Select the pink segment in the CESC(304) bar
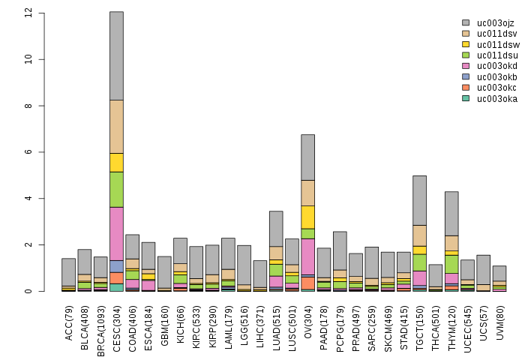coord(116,233)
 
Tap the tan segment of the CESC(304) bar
coord(116,126)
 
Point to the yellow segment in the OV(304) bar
coord(307,217)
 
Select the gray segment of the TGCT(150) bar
coord(419,200)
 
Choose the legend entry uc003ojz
coord(492,23)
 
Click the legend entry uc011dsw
coord(492,44)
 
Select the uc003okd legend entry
coord(492,66)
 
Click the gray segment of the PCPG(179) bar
coord(340,250)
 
